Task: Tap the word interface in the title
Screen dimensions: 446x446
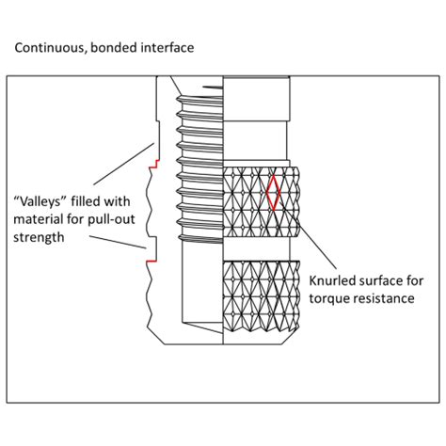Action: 166,44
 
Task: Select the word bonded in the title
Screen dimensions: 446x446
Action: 111,44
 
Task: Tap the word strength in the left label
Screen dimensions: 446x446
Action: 40,238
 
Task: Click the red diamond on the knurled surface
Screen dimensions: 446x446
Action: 274,192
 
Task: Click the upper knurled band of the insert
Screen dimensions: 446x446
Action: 263,200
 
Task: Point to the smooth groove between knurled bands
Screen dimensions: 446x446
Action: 263,247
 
